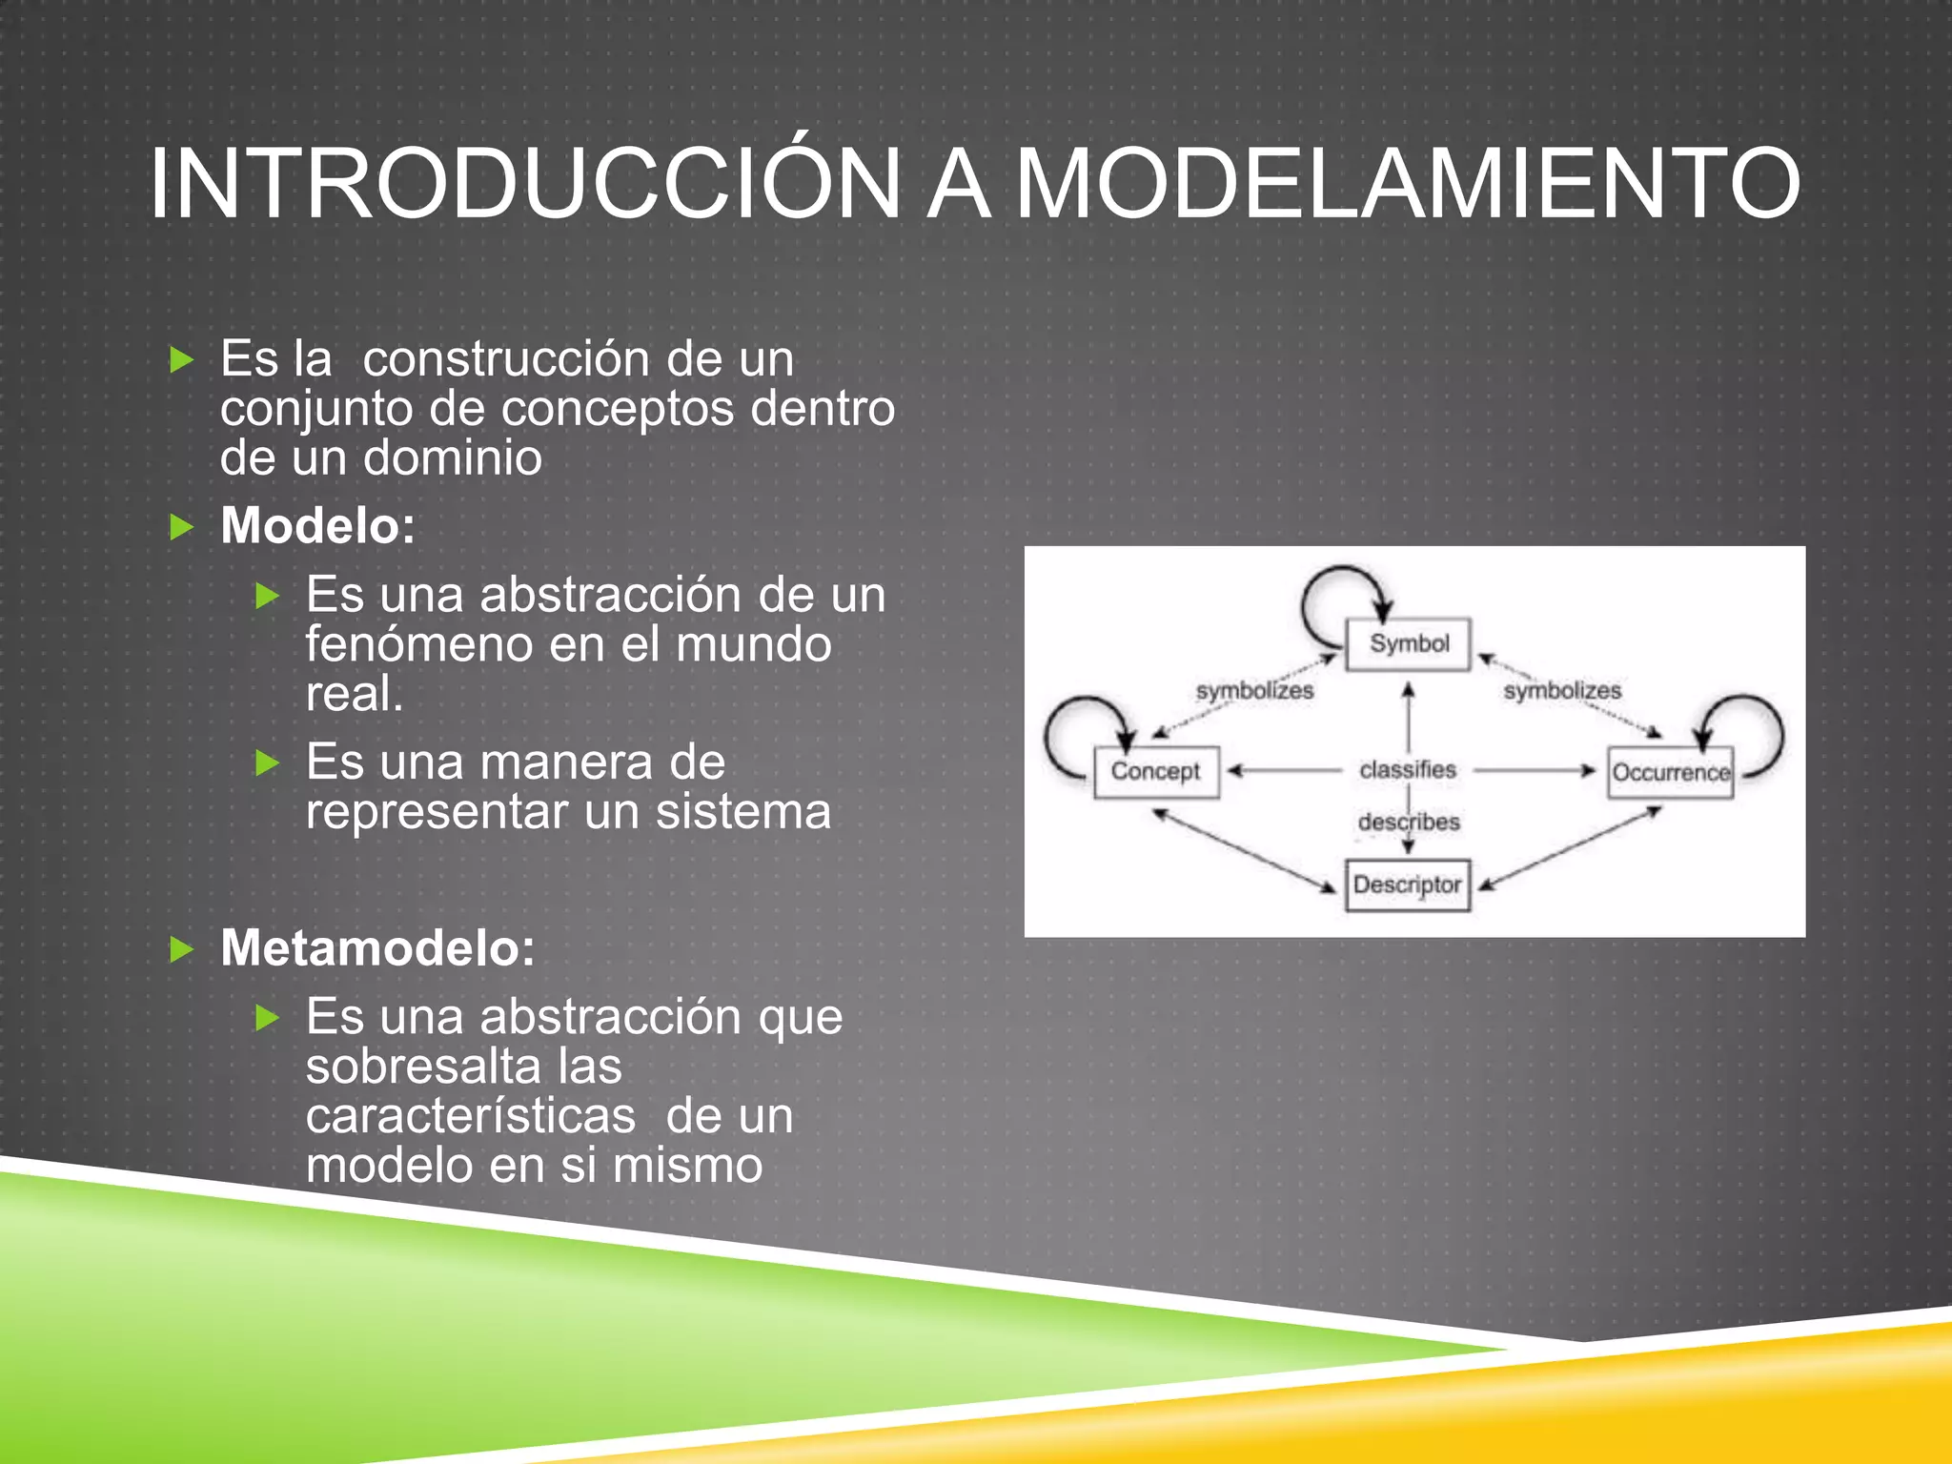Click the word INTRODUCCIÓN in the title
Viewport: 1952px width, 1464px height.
point(524,184)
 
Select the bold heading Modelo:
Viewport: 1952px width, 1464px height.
point(318,526)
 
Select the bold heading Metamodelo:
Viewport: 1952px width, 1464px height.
point(377,948)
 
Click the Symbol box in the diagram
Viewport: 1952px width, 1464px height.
point(1408,644)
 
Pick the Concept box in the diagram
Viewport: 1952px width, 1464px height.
point(1156,771)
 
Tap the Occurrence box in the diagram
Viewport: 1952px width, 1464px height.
point(1670,772)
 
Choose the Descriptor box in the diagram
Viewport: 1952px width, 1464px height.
point(1407,885)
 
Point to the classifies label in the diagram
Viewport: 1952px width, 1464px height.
point(1408,769)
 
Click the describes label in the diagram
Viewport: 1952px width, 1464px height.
point(1409,822)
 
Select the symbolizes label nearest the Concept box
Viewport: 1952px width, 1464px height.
point(1254,691)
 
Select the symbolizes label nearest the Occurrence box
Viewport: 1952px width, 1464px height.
point(1562,691)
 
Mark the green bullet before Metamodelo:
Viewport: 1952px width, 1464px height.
point(181,949)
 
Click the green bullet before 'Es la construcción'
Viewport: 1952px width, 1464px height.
point(181,360)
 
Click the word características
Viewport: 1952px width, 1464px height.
point(470,1116)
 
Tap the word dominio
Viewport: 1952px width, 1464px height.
point(453,458)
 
